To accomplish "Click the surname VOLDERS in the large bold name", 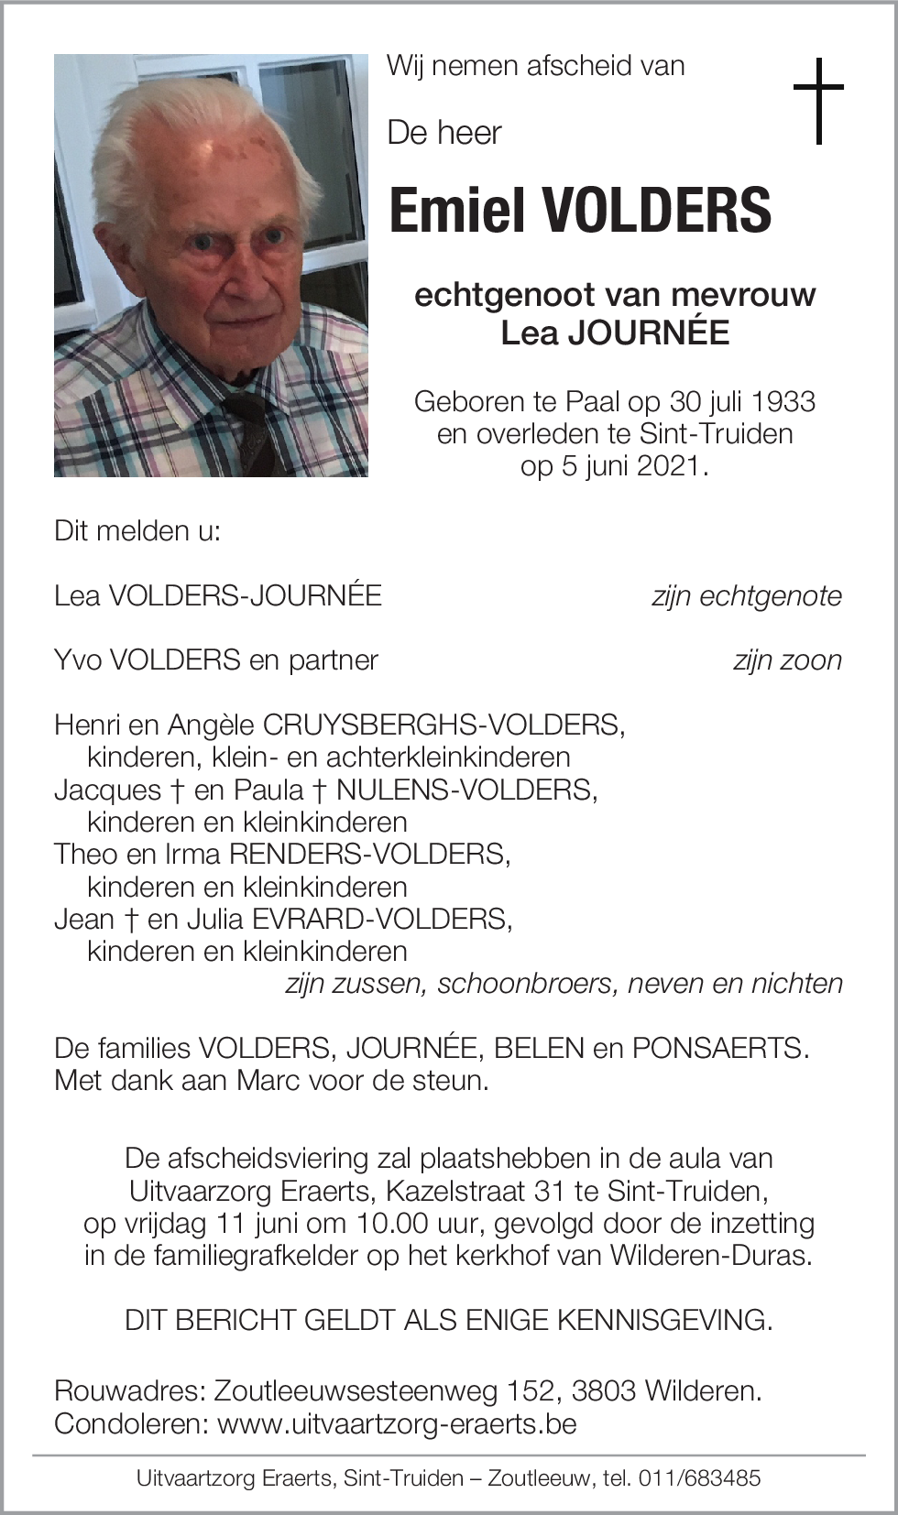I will tap(657, 211).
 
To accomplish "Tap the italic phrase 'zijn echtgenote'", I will tap(746, 596).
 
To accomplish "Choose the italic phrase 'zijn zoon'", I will tap(786, 660).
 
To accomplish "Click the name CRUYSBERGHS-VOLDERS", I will tap(443, 725).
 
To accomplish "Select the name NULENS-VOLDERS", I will tap(465, 790).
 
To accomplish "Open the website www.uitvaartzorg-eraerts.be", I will tap(397, 1424).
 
